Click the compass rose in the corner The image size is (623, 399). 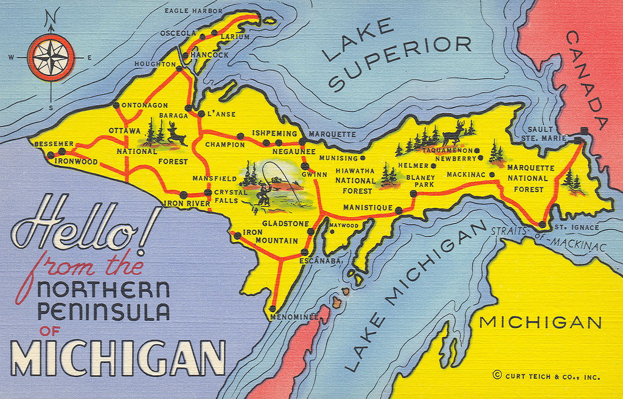50,58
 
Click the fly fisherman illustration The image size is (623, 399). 263,194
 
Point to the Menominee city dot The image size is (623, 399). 273,309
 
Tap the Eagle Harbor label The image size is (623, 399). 193,11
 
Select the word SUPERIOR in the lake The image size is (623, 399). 402,63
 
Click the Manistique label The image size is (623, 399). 367,208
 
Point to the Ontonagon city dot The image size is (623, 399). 116,105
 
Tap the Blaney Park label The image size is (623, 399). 420,181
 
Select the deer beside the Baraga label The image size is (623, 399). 176,134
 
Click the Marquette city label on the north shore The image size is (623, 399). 332,134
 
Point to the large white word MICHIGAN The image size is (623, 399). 117,358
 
